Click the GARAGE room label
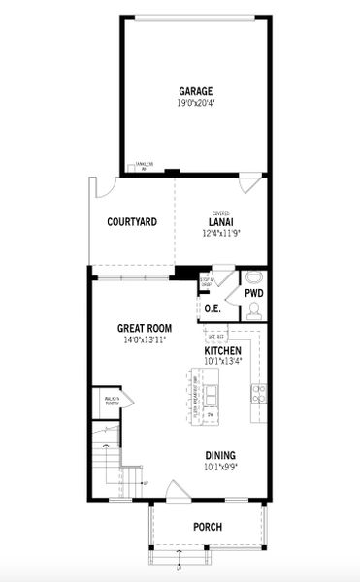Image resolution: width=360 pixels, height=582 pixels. click(x=195, y=92)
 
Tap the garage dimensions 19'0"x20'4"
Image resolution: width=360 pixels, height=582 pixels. click(x=195, y=103)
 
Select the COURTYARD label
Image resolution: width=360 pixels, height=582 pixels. click(x=132, y=222)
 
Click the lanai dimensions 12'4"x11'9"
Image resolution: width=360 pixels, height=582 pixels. click(x=221, y=234)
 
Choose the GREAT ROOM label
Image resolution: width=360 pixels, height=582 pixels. click(x=145, y=329)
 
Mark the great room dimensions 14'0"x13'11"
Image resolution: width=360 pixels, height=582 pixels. click(x=145, y=340)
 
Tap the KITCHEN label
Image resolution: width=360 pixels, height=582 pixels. click(x=223, y=350)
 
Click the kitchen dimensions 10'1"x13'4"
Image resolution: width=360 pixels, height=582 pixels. click(x=223, y=361)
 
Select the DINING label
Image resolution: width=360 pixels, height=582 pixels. click(x=220, y=455)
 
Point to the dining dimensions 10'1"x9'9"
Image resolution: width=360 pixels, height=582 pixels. click(x=220, y=466)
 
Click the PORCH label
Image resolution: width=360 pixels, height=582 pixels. click(x=207, y=527)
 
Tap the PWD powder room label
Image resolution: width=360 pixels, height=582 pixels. click(x=253, y=292)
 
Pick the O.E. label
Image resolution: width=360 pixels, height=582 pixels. click(x=213, y=308)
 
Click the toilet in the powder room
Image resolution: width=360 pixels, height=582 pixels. click(x=253, y=309)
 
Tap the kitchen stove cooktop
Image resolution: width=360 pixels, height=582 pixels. click(x=259, y=392)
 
